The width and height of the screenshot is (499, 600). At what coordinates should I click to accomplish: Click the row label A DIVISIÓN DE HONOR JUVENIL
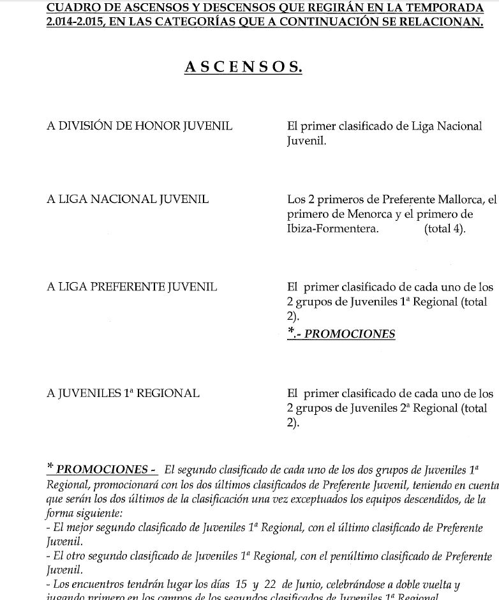(139, 126)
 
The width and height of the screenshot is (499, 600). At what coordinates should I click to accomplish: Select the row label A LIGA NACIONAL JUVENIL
(128, 199)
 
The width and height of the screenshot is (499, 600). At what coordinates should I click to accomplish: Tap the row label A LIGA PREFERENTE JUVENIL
(132, 287)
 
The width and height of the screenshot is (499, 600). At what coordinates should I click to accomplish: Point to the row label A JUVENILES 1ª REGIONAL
(123, 393)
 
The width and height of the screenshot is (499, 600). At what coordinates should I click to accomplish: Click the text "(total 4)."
(445, 229)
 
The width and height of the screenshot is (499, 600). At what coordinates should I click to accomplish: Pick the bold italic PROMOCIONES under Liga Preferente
(349, 334)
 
